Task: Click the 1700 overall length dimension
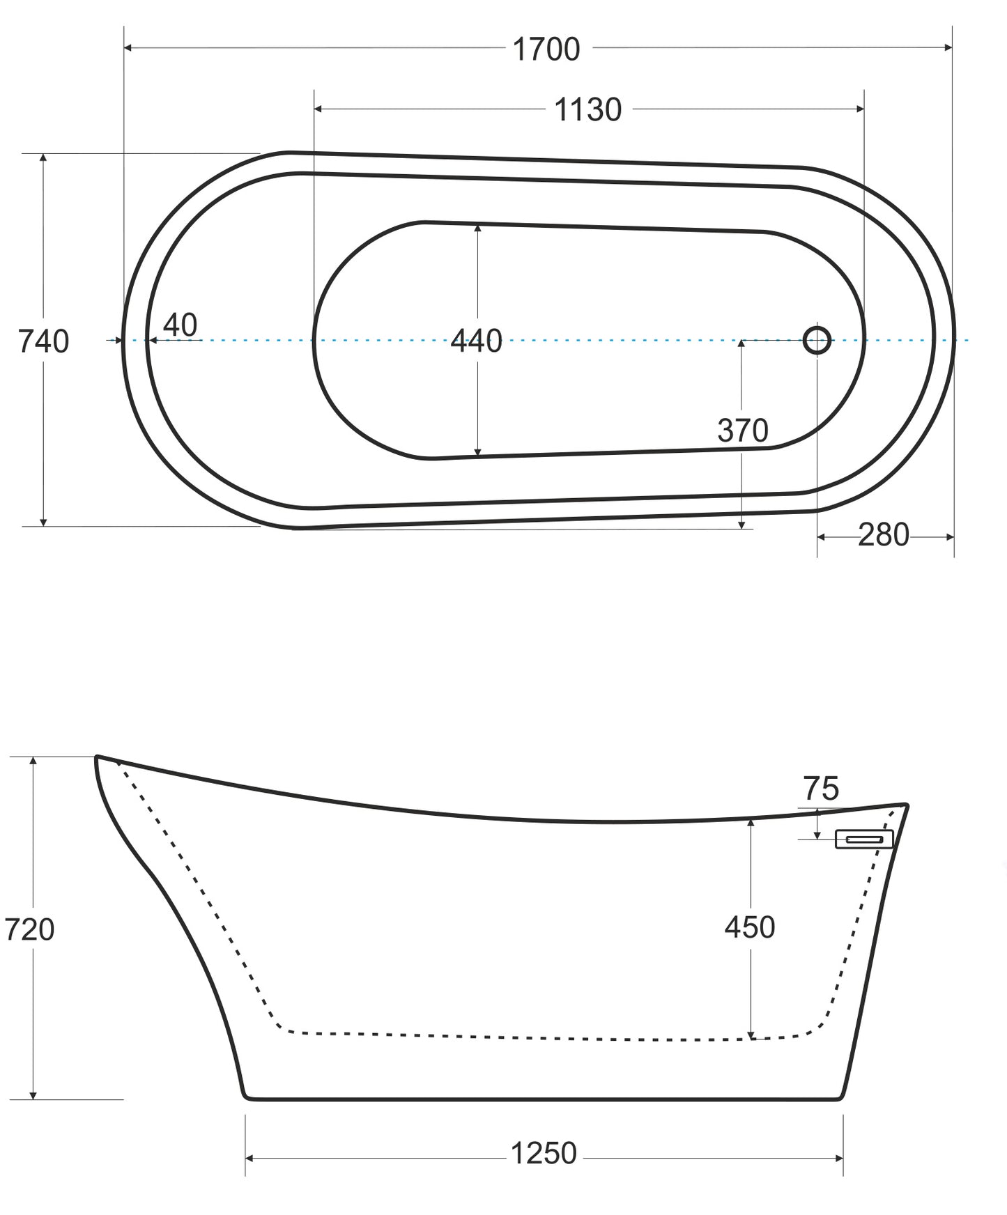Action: point(546,49)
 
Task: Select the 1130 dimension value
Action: point(587,110)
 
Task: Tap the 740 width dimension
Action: point(43,341)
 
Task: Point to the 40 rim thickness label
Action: point(180,325)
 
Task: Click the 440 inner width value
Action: point(476,341)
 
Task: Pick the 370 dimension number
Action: point(743,431)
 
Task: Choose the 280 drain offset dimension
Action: point(884,535)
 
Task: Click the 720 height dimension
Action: point(29,929)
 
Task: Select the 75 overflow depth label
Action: point(822,789)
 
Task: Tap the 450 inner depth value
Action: point(750,927)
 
